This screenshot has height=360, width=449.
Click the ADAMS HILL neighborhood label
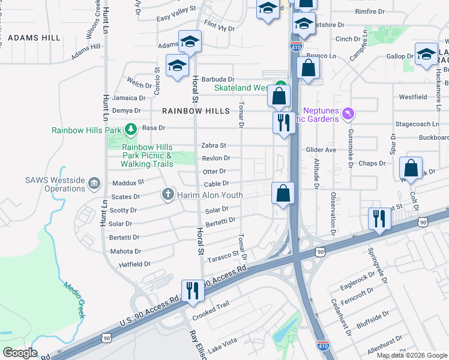(34, 38)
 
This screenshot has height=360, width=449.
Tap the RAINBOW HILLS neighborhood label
(196, 111)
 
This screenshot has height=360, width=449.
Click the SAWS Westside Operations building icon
(94, 183)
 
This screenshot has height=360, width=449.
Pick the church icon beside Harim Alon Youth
(167, 194)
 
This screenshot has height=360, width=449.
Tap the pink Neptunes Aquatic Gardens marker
(347, 113)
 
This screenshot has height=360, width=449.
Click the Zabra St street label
(213, 145)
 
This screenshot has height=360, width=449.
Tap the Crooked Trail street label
(210, 304)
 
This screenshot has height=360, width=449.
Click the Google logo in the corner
(19, 353)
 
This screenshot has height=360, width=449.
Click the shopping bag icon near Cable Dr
(283, 194)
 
